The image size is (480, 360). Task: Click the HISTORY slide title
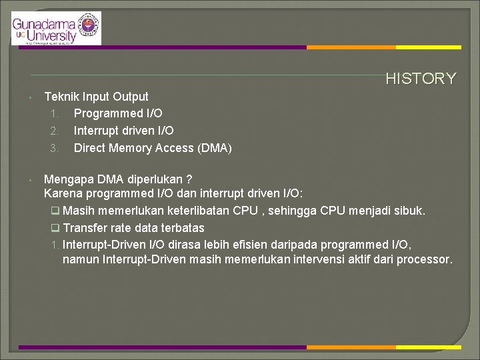coord(421,79)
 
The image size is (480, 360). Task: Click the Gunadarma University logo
coord(56,29)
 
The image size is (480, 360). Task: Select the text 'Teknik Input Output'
coord(96,97)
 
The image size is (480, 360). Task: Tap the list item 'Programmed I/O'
coord(117,113)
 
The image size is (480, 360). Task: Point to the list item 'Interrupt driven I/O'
coord(123,131)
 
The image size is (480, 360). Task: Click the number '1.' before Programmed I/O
coord(54,114)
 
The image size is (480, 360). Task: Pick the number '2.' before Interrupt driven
coord(54,131)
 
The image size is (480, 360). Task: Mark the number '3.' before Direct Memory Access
coord(54,149)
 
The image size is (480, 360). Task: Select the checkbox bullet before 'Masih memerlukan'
coord(56,211)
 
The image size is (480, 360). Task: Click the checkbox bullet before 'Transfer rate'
coord(56,227)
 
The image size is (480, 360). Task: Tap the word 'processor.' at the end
coord(425,259)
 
